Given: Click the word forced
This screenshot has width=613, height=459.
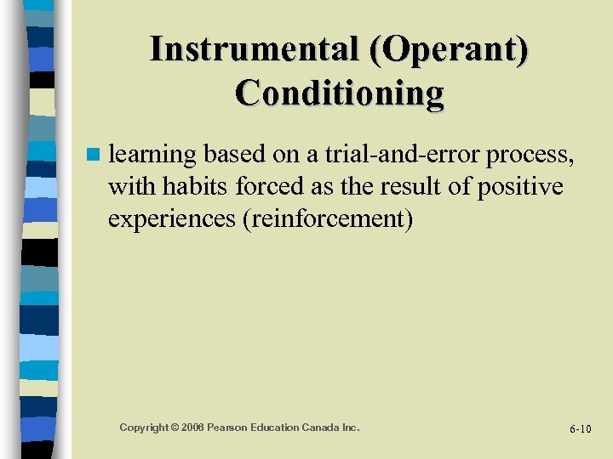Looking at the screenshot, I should click(253, 186).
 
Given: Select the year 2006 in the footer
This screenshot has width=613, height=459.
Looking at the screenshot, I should click(192, 427).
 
